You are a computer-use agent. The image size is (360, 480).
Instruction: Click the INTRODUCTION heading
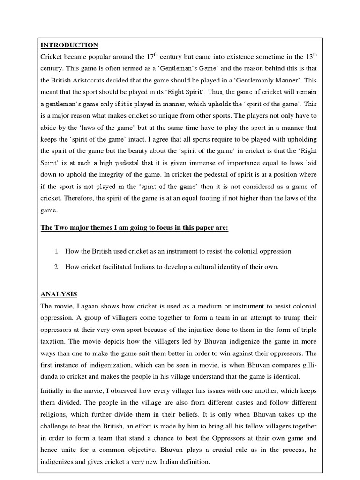click(x=69, y=45)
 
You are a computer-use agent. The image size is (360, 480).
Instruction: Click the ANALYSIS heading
click(x=59, y=294)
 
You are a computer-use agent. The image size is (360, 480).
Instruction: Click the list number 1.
click(x=56, y=251)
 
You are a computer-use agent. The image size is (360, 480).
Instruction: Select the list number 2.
click(x=56, y=267)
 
